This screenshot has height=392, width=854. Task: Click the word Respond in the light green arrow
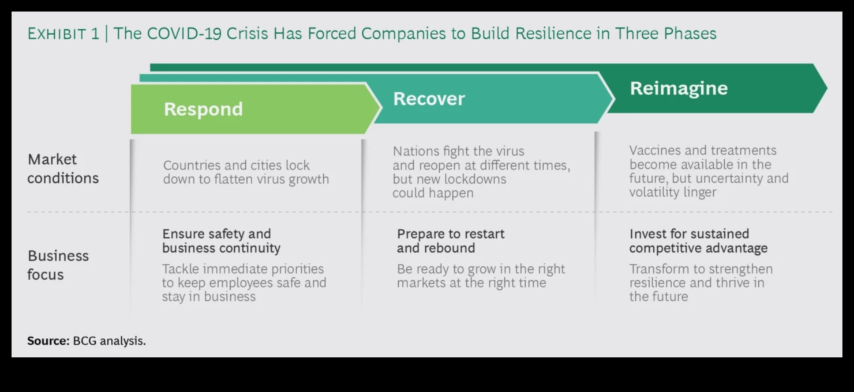click(x=203, y=109)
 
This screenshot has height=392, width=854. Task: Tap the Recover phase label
click(x=429, y=99)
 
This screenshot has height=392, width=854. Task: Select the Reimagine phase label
click(x=679, y=88)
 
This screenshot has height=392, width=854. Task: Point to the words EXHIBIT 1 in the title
click(x=63, y=33)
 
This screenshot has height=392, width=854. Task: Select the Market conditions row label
click(x=63, y=168)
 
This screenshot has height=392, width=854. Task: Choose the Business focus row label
click(x=58, y=265)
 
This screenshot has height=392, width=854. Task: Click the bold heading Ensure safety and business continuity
click(x=221, y=241)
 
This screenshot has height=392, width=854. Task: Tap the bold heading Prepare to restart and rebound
click(x=450, y=241)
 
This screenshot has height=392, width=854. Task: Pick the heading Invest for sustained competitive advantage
click(x=698, y=241)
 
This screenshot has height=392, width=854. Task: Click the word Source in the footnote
click(x=47, y=341)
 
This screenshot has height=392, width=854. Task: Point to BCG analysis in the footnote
click(x=109, y=341)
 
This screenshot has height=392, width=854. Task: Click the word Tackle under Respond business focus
click(x=181, y=269)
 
